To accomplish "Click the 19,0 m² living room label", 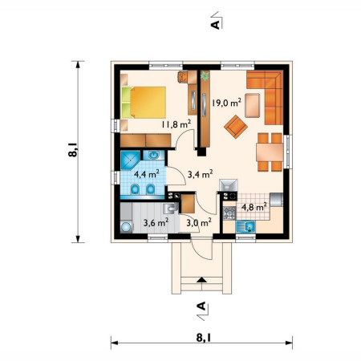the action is click(x=227, y=102).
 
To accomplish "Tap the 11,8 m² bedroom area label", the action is click(x=176, y=124).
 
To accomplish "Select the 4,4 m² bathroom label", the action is click(x=147, y=174).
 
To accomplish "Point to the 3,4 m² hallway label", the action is click(x=201, y=174).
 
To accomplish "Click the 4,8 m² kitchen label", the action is click(x=254, y=207).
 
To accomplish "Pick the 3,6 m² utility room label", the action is click(x=156, y=222).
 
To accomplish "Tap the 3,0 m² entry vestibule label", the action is click(x=199, y=222).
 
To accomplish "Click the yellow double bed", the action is click(x=144, y=103).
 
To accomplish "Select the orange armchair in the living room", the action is click(x=236, y=127).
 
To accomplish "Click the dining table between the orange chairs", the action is click(x=270, y=152).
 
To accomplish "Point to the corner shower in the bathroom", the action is click(x=131, y=160).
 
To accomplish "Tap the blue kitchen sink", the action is click(x=245, y=227).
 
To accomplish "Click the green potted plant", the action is click(x=205, y=75).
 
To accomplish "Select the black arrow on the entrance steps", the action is click(x=201, y=280).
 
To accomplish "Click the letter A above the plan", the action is click(x=215, y=25).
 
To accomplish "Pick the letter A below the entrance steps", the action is click(x=201, y=306).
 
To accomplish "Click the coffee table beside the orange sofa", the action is click(x=253, y=105).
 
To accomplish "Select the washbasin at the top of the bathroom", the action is click(x=153, y=155).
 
